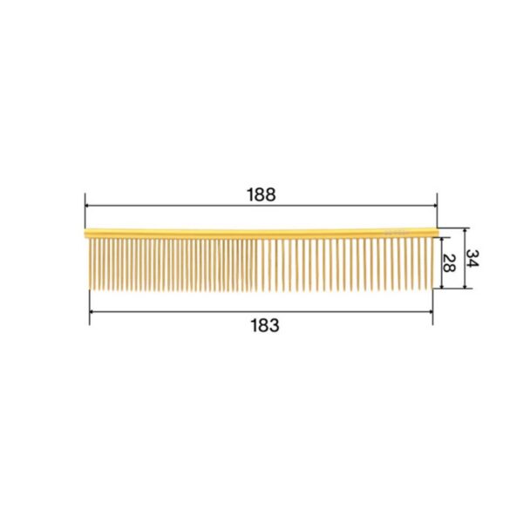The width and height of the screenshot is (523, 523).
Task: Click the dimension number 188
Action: coord(261,194)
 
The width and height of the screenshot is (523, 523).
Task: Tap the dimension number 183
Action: coord(265,325)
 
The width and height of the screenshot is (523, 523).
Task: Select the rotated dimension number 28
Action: coord(449,263)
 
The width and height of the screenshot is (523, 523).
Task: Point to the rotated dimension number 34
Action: coord(472,258)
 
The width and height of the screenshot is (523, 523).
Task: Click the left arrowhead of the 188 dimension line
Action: coord(87,206)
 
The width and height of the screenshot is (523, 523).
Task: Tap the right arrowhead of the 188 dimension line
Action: coord(435,206)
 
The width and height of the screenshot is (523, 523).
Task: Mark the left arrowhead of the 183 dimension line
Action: coord(92,312)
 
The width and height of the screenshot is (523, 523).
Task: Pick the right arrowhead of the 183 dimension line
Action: coord(431,312)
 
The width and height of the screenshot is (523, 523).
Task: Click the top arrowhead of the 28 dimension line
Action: coord(442,240)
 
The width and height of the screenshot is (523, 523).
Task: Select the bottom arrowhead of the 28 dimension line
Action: coord(442,286)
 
